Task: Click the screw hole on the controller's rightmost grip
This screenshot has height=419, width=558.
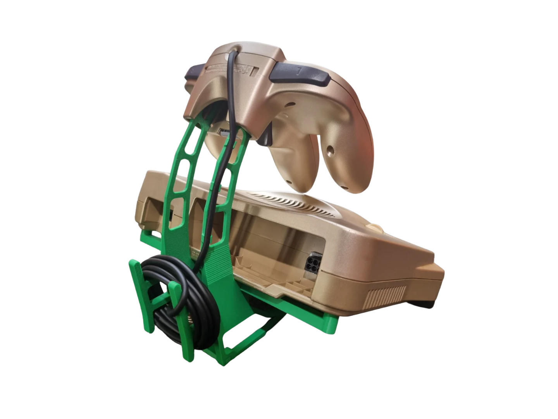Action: pyautogui.click(x=330, y=149)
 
